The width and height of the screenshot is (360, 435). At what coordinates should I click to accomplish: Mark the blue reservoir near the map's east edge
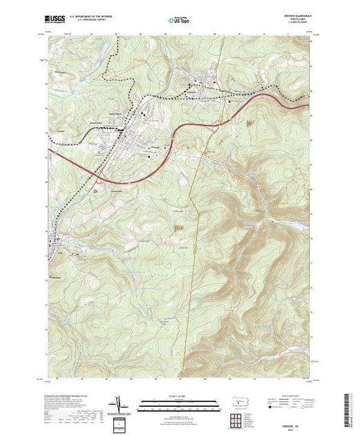point(299,226)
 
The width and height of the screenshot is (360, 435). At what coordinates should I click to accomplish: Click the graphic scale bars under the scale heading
point(175,403)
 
